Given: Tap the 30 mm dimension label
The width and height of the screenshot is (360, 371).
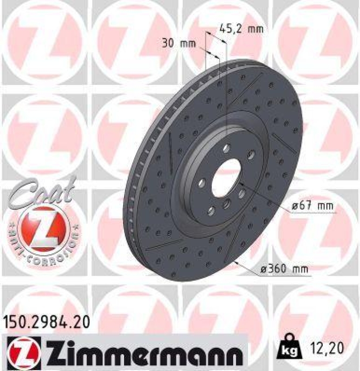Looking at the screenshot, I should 178,44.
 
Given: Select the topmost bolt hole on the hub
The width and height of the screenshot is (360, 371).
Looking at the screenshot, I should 226,148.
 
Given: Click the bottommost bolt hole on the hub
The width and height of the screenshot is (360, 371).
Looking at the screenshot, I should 211,212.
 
